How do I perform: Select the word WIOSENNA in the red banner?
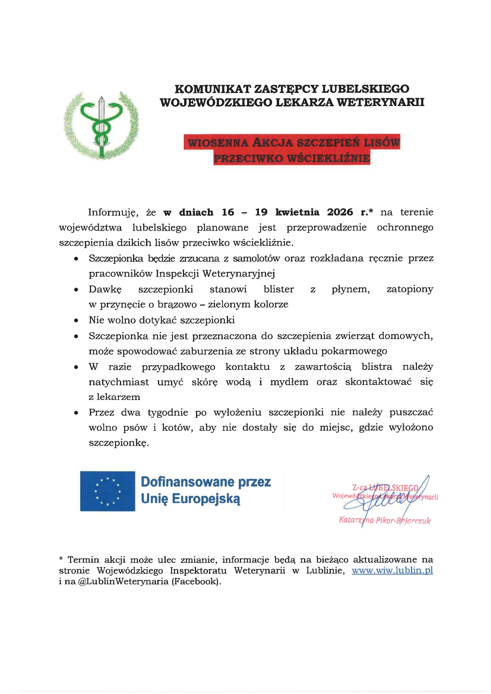click(217, 142)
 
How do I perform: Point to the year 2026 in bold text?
click(340, 212)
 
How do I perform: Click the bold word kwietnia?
click(297, 212)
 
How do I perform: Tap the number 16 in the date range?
click(228, 212)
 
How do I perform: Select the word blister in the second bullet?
click(279, 289)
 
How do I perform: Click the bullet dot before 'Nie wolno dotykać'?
click(76, 320)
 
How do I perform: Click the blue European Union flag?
click(108, 491)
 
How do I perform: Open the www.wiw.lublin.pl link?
click(392, 571)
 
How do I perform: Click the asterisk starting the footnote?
click(61, 559)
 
